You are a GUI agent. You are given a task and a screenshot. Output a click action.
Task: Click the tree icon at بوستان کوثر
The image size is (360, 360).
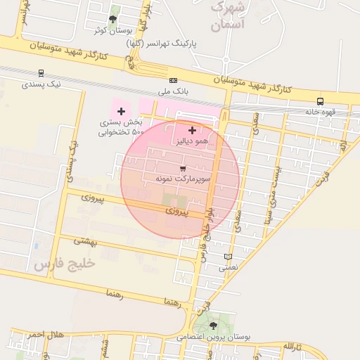112,19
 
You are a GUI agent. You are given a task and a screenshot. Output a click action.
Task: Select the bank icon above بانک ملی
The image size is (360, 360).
173,80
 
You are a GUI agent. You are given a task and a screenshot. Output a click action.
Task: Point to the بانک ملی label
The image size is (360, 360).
173,91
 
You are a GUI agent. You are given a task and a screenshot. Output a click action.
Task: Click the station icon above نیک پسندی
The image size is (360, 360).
41,72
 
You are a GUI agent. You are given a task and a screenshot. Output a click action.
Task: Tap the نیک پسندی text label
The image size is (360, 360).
41,84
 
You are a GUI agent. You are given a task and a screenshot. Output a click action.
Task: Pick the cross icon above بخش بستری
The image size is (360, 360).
121,111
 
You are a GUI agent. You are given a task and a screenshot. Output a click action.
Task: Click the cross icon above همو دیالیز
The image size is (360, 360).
192,130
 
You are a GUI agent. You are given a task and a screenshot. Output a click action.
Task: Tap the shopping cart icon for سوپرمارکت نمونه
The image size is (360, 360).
183,169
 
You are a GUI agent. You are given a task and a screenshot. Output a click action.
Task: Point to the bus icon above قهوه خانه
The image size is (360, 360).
321,101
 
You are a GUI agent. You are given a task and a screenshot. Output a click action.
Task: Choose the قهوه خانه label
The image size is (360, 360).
321,112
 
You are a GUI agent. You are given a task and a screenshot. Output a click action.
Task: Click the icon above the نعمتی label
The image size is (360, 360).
227,257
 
